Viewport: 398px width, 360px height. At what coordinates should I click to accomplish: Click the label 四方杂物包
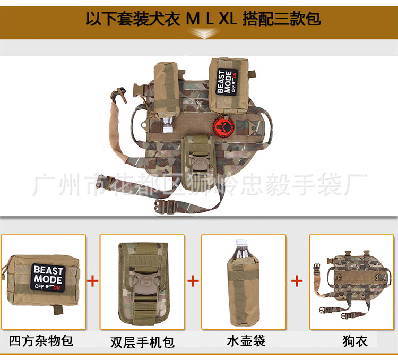41,340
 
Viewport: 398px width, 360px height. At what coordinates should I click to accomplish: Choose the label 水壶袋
245,340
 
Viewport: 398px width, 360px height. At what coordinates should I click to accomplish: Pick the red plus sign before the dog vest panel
298,280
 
